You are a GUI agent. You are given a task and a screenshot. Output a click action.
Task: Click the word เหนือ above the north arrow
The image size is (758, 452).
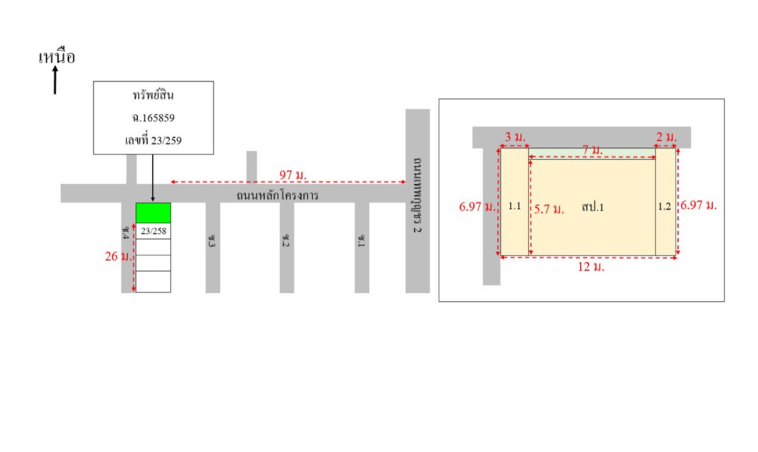57,57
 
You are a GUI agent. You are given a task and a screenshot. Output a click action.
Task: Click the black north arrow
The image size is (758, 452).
55,80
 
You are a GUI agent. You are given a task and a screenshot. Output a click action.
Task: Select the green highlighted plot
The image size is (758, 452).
153,213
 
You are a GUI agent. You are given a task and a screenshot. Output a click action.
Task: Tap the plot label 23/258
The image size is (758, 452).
153,231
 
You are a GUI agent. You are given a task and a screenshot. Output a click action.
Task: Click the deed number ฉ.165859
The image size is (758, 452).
153,117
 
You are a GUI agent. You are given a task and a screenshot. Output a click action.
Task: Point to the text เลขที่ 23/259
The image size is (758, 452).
153,140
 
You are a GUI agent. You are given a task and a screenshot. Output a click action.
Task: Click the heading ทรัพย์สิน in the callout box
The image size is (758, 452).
153,95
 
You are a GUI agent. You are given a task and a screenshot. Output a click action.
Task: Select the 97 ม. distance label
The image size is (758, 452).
293,175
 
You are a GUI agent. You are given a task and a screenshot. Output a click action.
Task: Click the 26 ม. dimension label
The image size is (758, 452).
118,256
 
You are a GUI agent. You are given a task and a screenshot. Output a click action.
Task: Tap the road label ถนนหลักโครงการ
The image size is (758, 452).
277,195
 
